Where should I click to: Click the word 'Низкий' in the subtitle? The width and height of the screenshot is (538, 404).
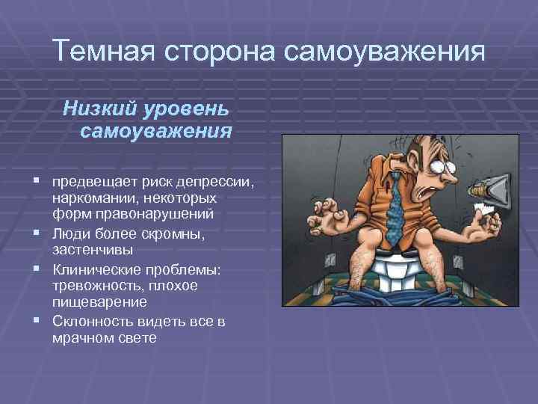(94, 108)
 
